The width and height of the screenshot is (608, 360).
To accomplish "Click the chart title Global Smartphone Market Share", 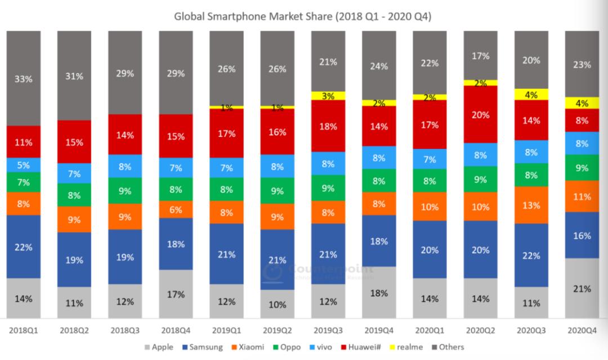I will (303, 16).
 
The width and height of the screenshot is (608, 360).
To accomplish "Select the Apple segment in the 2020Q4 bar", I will (582, 288).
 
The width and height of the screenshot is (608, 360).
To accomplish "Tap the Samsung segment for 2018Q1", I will (24, 247).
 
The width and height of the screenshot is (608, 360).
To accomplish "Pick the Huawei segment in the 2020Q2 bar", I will (480, 114).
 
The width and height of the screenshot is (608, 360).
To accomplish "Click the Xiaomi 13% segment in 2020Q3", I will (531, 205).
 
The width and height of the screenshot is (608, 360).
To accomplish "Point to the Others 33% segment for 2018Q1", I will (24, 79).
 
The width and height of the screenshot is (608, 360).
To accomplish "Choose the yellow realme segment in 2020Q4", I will (582, 103).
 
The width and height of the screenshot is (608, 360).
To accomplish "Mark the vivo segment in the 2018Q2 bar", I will (74, 174).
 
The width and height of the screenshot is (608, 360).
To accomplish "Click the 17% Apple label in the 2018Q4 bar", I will (176, 294).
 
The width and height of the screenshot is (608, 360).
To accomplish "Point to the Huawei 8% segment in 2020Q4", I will (582, 120).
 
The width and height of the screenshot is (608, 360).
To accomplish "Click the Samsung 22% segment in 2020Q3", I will (531, 255).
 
